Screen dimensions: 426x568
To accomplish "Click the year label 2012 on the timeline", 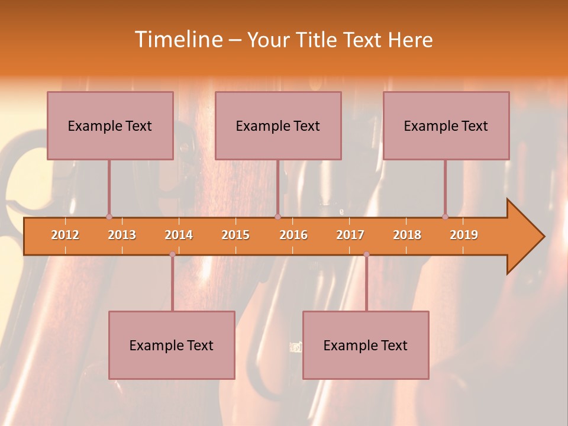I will pos(65,235).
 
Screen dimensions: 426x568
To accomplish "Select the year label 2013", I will pos(122,235).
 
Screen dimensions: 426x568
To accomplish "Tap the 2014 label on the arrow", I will pos(179,235).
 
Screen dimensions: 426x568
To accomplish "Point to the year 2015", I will pos(235,235).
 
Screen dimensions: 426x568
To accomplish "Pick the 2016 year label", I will pos(293,235).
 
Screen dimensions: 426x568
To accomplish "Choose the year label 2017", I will pos(350,235).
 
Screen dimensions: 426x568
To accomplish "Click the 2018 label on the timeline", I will pos(407,235).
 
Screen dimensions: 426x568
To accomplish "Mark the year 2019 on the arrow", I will pos(464,235).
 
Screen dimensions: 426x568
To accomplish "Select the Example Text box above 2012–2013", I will pos(110,125).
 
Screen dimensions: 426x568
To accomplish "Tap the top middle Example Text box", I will pos(278,125).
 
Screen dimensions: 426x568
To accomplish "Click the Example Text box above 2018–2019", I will pos(446,125).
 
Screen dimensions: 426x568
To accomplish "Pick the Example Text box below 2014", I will pos(172,345).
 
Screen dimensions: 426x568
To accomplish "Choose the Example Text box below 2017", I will pos(366,345).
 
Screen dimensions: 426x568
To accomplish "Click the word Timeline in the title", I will pos(177,40).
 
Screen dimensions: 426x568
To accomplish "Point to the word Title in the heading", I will pos(318,40).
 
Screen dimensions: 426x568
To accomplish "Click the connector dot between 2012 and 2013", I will pos(109,217).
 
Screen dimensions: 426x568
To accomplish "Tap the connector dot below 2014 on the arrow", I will pos(172,254).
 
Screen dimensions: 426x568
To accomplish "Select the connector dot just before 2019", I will pos(445,217).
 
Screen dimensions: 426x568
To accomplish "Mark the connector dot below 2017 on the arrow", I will pos(366,254).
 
